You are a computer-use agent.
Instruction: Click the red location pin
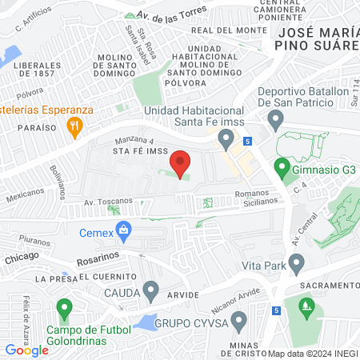(181, 162)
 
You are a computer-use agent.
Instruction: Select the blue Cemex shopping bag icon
(123, 233)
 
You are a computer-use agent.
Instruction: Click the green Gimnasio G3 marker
(282, 168)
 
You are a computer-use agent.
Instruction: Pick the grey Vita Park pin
(296, 262)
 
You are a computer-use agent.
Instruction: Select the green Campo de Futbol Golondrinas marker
(64, 307)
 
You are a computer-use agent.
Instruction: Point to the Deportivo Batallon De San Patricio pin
(276, 121)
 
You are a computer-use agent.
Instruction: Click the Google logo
(27, 350)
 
